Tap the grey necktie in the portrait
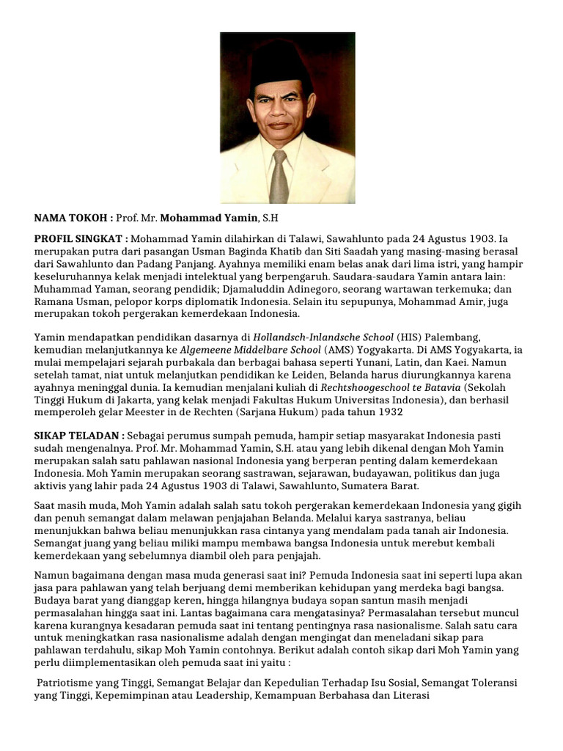click(x=279, y=177)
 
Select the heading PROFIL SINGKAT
click(x=81, y=239)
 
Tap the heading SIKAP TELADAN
click(x=78, y=436)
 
